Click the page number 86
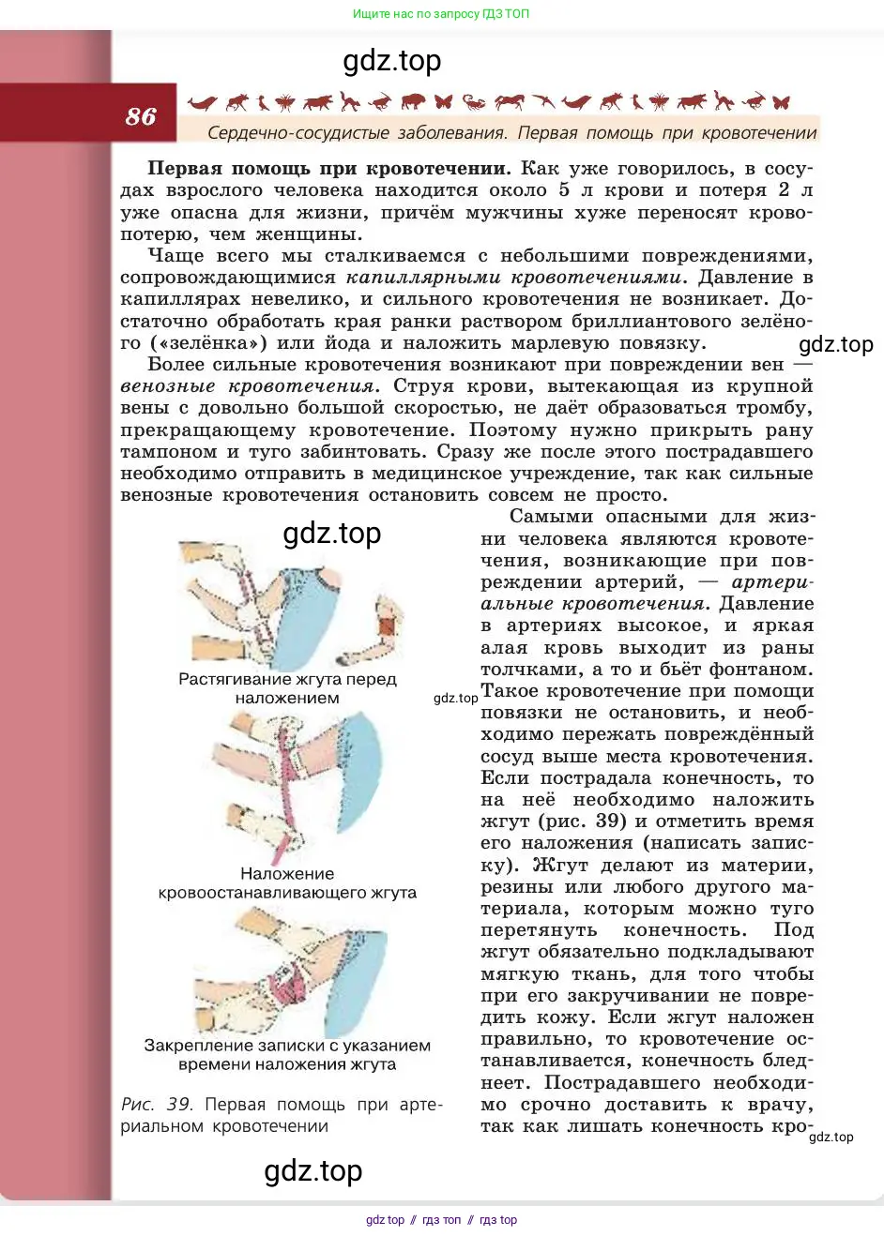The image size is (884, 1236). click(x=141, y=116)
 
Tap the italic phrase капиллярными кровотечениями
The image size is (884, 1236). click(x=513, y=278)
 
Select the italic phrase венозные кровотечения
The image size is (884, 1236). click(x=248, y=386)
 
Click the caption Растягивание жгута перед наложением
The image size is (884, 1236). click(x=287, y=688)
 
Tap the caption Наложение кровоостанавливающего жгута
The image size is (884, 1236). click(x=287, y=883)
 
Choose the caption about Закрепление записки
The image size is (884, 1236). click(x=287, y=1055)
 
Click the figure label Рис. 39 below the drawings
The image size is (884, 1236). click(x=156, y=1105)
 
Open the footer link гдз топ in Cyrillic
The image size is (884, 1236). click(x=441, y=1220)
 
